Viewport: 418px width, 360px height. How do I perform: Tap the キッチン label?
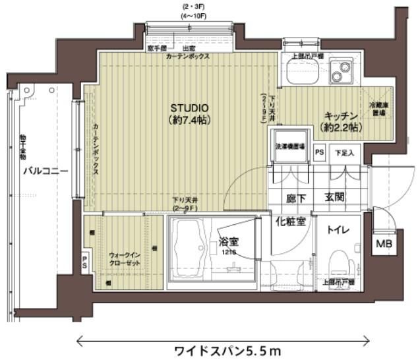click(340, 113)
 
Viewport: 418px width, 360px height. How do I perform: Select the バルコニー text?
click(45, 171)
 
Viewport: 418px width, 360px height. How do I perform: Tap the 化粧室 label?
click(290, 221)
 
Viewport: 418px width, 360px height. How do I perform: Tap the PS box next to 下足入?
click(320, 152)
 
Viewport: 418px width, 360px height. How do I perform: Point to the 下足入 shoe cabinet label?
click(344, 152)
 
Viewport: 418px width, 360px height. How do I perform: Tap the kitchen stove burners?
click(341, 72)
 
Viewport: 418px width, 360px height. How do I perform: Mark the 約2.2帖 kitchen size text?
click(340, 126)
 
